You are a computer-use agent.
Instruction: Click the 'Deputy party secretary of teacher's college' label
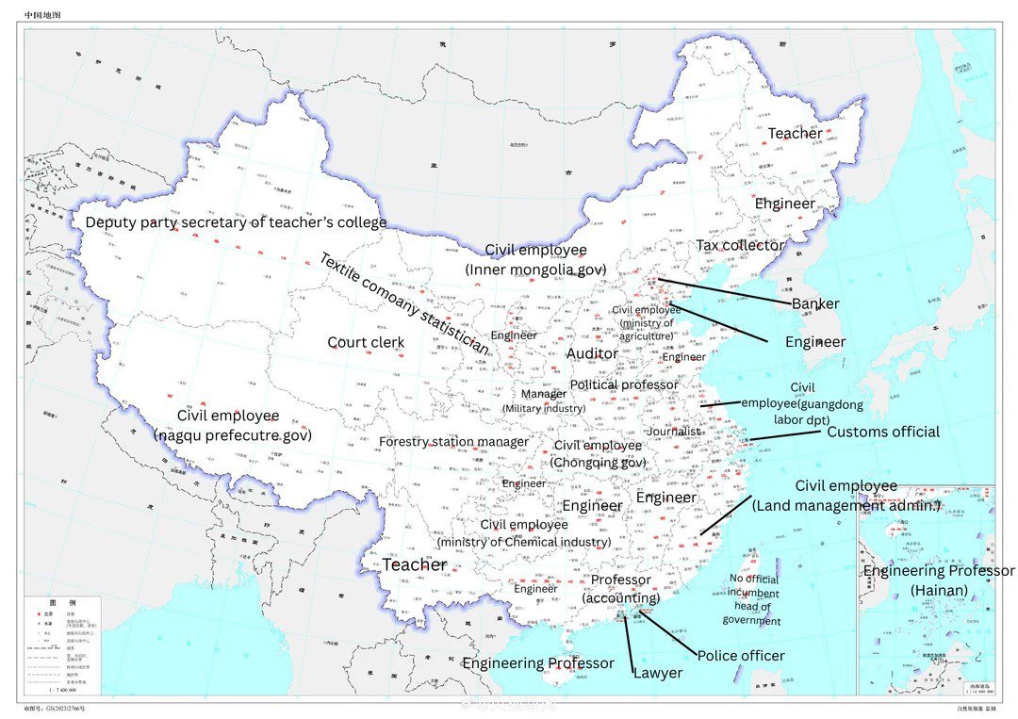coord(236,222)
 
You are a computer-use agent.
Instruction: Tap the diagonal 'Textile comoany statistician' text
coord(403,303)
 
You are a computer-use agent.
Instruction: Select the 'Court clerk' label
coord(366,342)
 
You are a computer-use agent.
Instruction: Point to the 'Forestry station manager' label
coord(453,442)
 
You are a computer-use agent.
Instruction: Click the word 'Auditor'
coord(592,353)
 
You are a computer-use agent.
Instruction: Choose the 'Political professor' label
coord(624,384)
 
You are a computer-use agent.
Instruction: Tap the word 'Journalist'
coord(674,432)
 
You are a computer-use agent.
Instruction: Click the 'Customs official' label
coord(882,432)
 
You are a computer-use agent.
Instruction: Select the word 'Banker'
coord(815,304)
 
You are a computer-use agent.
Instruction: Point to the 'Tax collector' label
coord(740,245)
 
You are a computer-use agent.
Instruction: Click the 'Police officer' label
coord(741,655)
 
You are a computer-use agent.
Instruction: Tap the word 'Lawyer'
coord(657,673)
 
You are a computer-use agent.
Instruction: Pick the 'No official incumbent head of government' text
coord(753,599)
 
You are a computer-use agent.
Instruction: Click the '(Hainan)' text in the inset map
coord(938,590)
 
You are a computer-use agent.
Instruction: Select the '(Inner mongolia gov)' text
coord(534,270)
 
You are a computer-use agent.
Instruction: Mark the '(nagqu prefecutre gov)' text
coord(232,435)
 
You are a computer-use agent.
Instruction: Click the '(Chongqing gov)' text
coord(598,463)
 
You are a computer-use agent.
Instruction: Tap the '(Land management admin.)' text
coord(846,506)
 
